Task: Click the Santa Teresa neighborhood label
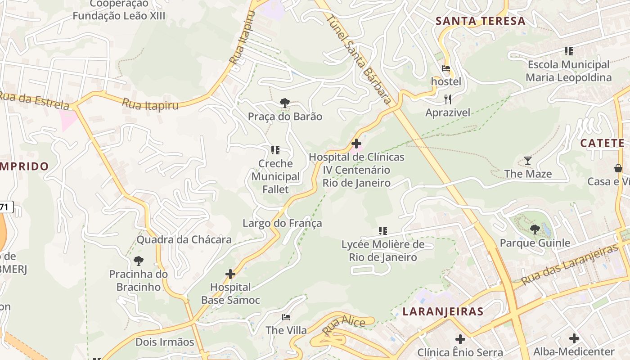point(481,21)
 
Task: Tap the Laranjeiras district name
point(443,311)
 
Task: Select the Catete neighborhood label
point(602,143)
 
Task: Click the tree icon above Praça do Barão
point(285,103)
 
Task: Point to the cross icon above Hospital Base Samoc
point(230,274)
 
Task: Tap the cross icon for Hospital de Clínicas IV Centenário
point(356,144)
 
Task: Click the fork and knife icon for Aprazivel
point(447,99)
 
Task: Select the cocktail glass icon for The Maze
point(528,160)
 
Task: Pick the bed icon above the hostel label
point(446,69)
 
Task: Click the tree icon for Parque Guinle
point(535,229)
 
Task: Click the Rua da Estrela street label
point(34,100)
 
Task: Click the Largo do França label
point(282,223)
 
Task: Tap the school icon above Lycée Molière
point(383,231)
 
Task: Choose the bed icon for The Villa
point(286,317)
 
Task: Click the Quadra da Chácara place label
point(184,239)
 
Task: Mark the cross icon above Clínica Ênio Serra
point(460,339)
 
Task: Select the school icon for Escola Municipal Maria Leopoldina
point(569,51)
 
